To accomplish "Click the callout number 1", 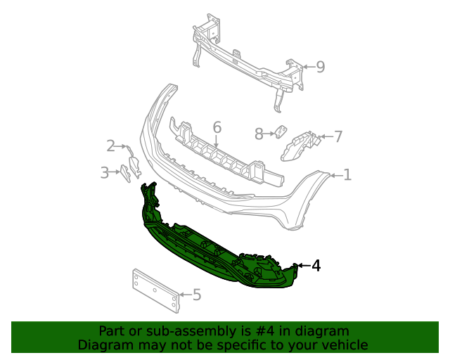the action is click(347, 174).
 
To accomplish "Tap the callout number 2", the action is click(111, 146).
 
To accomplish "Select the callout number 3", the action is click(104, 172).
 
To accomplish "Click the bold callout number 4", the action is click(316, 266).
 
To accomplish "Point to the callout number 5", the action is click(197, 295).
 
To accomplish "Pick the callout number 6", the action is click(217, 127).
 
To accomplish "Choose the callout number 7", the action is click(338, 136).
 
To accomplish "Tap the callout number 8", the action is click(259, 133).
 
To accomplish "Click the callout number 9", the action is click(320, 67).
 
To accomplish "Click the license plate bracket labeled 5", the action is click(156, 289).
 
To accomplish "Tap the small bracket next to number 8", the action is click(280, 132).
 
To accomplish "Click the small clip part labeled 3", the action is click(124, 173).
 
